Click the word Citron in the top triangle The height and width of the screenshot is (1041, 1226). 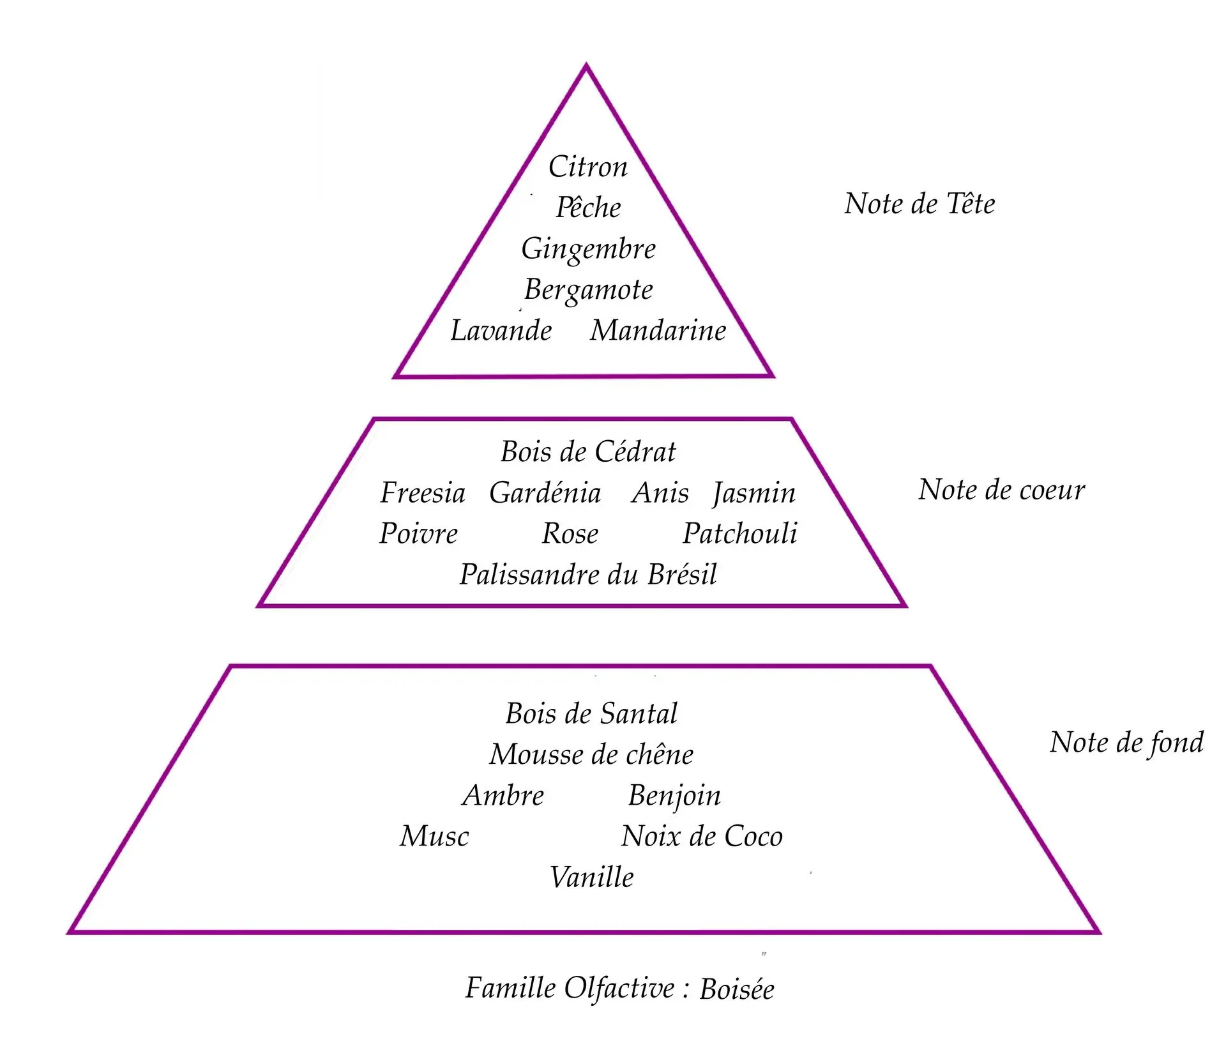coord(588,167)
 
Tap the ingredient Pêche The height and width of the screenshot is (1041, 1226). coord(588,208)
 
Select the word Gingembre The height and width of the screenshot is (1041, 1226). coord(588,249)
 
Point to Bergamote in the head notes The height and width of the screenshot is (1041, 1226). coord(588,290)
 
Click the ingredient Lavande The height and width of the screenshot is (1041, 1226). coord(501,331)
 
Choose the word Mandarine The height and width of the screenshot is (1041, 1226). coord(658,331)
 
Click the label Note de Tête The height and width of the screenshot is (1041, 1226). coord(919,204)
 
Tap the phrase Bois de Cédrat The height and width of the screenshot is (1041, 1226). coord(588,452)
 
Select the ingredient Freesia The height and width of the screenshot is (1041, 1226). coord(423,493)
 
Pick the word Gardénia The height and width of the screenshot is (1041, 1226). coord(545,493)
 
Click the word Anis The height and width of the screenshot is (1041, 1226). coord(660,493)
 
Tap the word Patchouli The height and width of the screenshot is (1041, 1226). coord(740,534)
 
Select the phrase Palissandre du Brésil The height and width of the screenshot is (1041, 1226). coord(588,575)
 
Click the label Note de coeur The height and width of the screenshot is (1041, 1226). coord(1001,490)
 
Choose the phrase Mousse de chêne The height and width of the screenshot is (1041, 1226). coord(591,755)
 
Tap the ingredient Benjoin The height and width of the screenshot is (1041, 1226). coord(674,796)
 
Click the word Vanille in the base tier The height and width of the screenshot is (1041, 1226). coord(591,878)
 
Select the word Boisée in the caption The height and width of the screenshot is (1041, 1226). coord(737,989)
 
